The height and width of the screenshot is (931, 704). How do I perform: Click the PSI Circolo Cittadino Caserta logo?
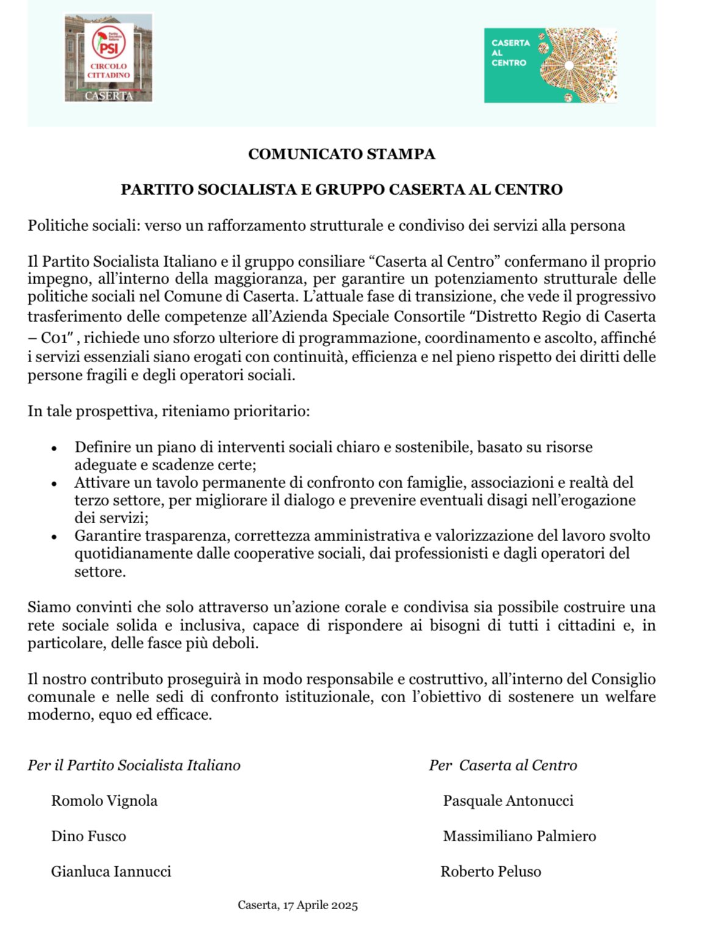pos(108,58)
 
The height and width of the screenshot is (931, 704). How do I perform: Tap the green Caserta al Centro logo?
pos(550,65)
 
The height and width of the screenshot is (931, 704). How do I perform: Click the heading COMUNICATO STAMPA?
pos(341,154)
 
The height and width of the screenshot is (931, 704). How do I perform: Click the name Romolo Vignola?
pos(104,801)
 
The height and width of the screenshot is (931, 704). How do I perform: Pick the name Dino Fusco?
pos(89,836)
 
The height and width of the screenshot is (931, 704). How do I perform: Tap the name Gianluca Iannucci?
pos(111,872)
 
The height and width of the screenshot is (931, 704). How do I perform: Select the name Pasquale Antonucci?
pos(508,801)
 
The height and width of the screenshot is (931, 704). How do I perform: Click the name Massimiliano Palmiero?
pos(520,836)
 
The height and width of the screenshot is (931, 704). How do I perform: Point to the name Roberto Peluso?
pos(491,872)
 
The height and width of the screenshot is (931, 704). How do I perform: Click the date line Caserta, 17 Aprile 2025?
pos(297,905)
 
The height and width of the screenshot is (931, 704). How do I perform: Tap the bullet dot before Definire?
pos(54,449)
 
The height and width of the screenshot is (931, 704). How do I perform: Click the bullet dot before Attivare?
pos(54,484)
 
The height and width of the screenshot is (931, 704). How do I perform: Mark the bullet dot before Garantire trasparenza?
pos(54,537)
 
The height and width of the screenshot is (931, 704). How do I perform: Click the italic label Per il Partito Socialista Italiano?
pos(134,766)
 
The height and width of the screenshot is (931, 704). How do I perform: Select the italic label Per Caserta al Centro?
pos(503,766)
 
